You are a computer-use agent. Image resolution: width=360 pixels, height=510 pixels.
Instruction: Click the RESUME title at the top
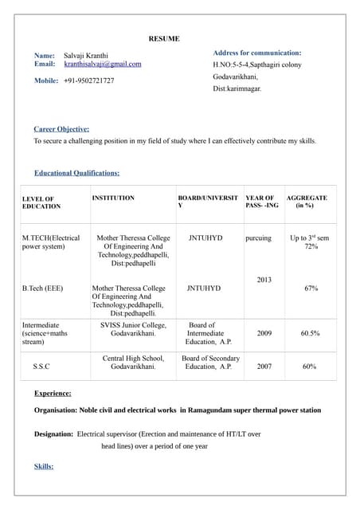(164, 38)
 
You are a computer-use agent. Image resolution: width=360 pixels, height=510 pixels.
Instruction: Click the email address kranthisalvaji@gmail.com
(102, 64)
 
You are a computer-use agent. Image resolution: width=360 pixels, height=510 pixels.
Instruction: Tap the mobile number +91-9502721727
(88, 80)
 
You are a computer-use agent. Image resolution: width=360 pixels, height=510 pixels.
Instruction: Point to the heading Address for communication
(256, 53)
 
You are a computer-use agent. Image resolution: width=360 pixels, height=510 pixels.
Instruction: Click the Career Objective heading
(61, 129)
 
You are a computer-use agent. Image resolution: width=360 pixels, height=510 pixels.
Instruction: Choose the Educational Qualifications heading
(76, 173)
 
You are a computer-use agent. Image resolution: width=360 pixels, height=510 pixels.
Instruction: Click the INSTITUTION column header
(113, 198)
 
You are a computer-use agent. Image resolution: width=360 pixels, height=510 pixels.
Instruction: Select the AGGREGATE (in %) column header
(307, 202)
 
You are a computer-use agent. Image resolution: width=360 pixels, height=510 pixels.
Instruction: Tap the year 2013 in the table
(264, 280)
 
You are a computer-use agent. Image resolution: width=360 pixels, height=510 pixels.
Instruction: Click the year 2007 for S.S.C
(264, 367)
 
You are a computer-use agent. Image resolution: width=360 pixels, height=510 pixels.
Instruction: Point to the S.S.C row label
(43, 367)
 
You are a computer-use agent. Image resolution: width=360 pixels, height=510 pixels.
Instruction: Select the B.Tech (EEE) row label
(42, 288)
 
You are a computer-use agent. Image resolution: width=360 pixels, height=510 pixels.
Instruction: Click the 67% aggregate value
(311, 288)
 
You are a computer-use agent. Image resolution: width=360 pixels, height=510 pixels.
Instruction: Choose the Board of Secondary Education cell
(210, 363)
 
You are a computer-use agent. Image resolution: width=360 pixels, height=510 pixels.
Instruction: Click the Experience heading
(53, 393)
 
